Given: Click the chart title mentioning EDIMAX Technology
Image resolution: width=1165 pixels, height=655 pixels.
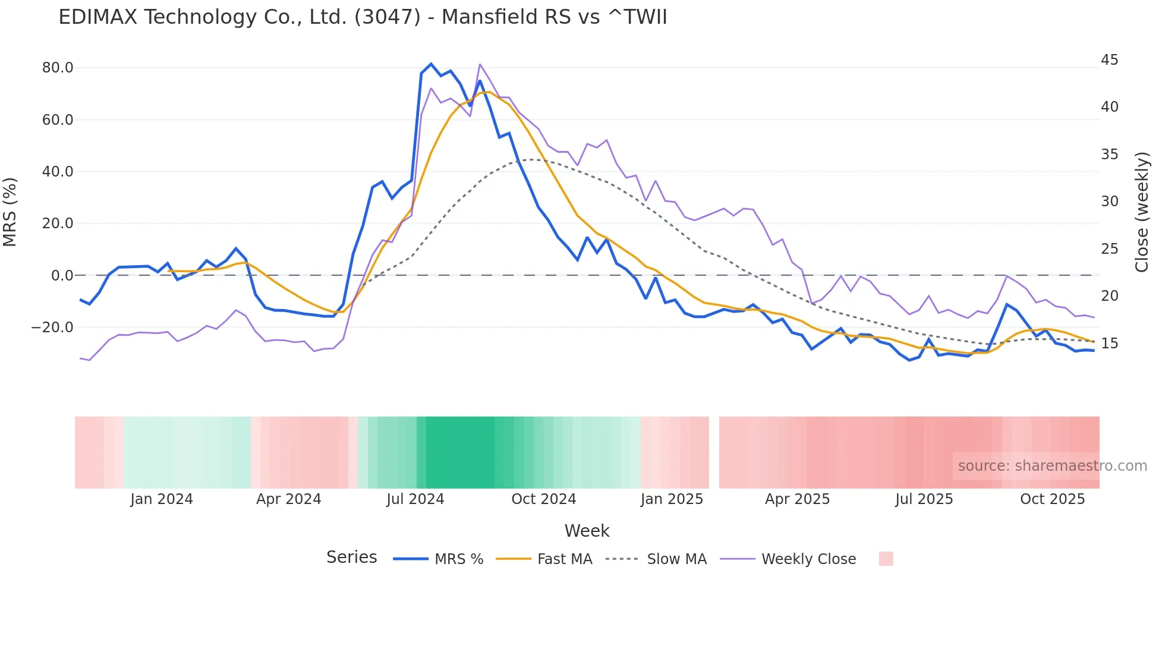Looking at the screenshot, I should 363,17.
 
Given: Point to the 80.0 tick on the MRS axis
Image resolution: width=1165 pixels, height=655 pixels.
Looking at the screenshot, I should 58,68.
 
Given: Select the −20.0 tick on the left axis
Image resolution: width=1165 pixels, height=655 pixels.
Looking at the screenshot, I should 53,327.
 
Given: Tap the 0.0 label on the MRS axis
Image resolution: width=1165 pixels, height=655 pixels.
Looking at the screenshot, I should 62,276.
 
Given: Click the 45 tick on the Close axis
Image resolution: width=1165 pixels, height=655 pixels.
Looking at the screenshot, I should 1109,60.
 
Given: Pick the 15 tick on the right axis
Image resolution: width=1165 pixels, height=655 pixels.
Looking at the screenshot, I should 1109,344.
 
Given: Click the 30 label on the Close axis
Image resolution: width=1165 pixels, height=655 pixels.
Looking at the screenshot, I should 1109,201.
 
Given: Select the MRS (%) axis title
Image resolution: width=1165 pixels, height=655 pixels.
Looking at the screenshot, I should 10,212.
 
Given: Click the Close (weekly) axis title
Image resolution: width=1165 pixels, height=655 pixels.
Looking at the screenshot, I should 1141,212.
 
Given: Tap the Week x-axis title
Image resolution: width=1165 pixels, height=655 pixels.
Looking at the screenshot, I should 587,531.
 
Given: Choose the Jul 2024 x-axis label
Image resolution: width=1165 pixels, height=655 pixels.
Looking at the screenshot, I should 415,499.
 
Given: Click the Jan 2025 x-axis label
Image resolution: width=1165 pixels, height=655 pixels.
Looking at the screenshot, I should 672,499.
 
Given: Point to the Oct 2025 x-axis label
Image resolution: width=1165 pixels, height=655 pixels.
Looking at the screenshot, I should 1052,499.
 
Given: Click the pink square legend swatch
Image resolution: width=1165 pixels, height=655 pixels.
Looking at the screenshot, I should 886,559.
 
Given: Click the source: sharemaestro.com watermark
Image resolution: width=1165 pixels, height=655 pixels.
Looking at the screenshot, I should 1052,466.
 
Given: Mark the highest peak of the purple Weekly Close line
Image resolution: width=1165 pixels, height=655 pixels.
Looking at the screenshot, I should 480,64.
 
